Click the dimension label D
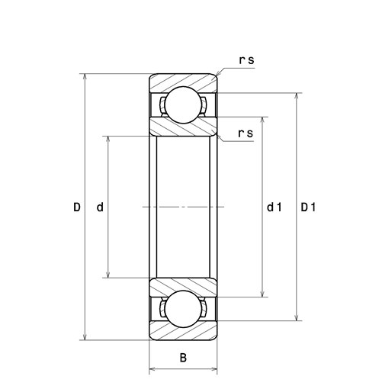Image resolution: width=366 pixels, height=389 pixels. coord(77,207)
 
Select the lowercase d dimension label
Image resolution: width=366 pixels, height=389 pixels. coord(100,207)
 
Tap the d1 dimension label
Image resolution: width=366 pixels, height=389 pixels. coord(274,207)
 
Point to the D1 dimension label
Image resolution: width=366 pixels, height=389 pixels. coord(308,207)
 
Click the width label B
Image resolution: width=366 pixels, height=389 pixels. coord(183,358)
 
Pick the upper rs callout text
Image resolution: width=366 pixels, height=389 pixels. coord(246,60)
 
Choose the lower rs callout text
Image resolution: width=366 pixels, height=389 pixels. coord(246,133)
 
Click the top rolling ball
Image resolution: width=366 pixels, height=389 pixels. coord(183,104)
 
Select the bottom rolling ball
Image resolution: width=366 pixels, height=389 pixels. coord(183,309)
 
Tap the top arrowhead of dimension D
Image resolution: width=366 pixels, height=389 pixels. coord(85,77)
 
